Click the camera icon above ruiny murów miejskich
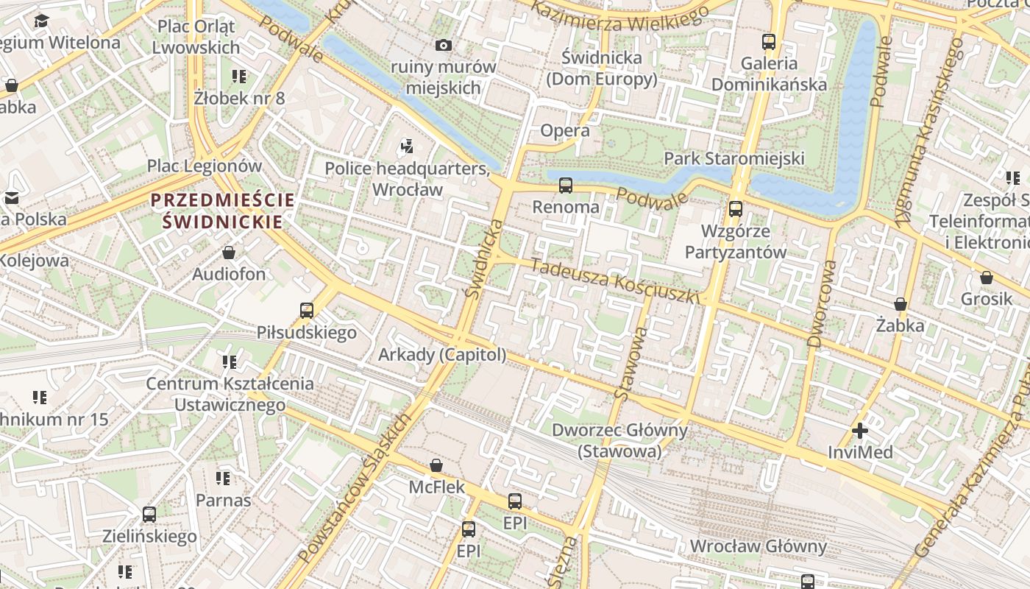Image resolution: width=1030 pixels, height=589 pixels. point(443,46)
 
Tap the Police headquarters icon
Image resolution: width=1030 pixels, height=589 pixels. point(407,147)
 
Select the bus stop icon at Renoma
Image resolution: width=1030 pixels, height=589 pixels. point(565,186)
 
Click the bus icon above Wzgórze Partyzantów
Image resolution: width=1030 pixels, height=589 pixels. point(735,209)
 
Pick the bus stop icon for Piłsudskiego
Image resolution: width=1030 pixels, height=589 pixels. point(307,311)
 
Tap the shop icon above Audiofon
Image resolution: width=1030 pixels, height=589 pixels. point(229,253)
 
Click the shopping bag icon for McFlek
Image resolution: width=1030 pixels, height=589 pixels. point(436,465)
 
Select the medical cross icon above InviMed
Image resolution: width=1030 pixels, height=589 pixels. point(859,431)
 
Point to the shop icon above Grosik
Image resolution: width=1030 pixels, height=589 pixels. point(986,278)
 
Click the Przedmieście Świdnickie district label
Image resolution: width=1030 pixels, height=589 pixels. point(223,211)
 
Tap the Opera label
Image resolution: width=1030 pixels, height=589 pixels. point(565,131)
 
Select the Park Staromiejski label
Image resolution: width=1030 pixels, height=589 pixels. point(734,158)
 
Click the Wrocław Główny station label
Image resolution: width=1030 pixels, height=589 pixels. point(758,546)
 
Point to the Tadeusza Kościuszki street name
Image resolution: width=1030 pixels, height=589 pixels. point(614,282)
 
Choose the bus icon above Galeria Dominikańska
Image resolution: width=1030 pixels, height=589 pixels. point(769,42)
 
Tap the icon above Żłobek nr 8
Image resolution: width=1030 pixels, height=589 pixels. point(239,76)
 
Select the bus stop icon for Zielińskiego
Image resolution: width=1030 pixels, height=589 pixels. point(149,515)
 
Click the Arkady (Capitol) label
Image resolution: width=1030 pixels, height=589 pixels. point(442,355)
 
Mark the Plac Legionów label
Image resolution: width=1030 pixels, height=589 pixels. point(205,166)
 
